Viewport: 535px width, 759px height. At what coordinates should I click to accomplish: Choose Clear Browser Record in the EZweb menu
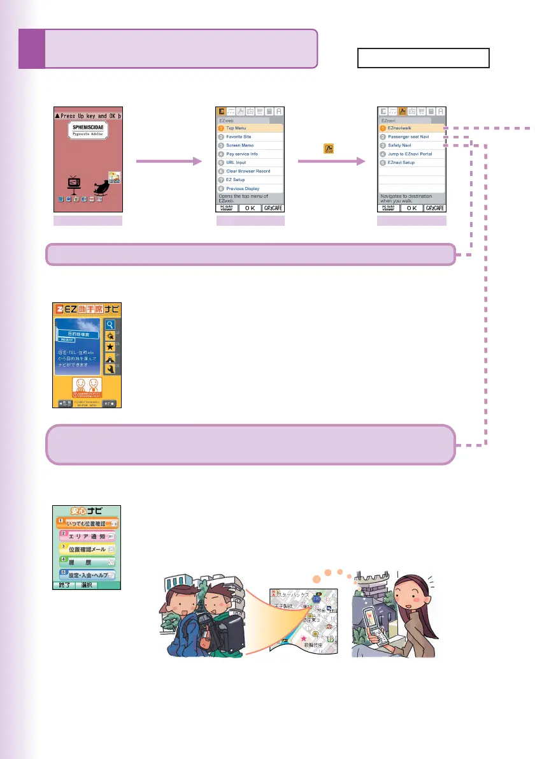click(x=248, y=171)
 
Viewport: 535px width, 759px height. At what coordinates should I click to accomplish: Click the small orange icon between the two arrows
click(x=329, y=150)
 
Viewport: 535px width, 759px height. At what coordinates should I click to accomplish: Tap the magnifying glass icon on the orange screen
click(x=109, y=323)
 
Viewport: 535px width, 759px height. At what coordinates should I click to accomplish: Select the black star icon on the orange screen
click(x=109, y=346)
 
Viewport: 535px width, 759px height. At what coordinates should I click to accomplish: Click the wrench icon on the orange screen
click(x=109, y=369)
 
